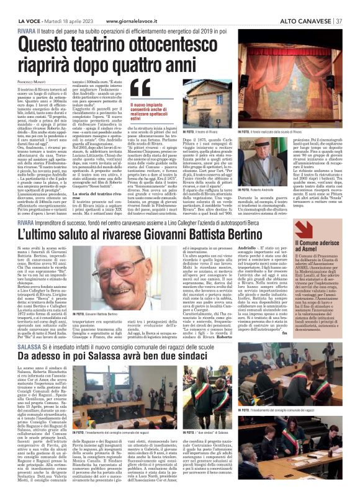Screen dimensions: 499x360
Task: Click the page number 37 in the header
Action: (339, 20)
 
